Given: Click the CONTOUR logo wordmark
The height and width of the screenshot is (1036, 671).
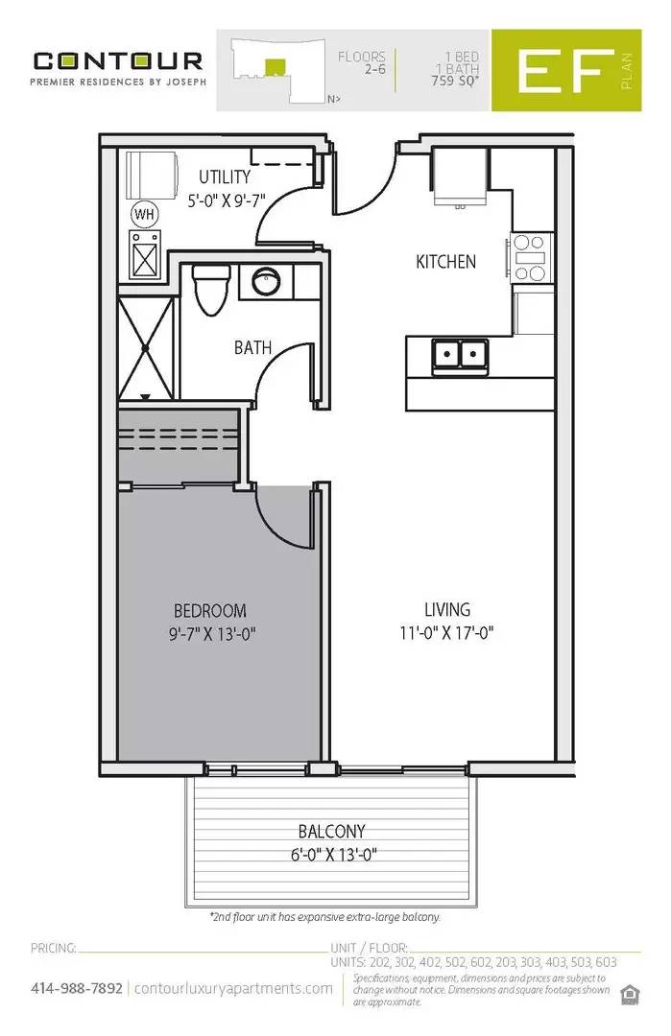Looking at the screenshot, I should point(117,60).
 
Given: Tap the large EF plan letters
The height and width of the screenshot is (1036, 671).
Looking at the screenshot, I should point(564,74).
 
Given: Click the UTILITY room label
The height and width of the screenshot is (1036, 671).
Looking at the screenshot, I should point(225,177).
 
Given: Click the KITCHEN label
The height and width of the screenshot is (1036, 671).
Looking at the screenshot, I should point(445,261).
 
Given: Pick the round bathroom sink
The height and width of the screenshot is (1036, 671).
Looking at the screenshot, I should point(266,282).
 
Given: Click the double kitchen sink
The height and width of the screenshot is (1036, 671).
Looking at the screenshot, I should point(459,354).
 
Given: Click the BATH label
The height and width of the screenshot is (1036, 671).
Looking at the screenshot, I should point(252,348).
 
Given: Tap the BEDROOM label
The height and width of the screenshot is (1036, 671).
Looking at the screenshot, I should point(209,610).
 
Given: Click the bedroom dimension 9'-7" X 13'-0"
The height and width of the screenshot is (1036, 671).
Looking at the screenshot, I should point(209,633).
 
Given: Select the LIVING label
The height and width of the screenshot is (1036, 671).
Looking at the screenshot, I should point(447,609).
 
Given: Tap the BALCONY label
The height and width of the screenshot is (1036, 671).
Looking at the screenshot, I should point(331,832).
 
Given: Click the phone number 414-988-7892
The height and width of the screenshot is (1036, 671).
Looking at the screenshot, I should point(77,988).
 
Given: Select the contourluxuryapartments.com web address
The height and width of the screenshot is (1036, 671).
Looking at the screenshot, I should point(233,988).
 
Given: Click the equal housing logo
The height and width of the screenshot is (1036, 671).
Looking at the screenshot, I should point(630,992).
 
